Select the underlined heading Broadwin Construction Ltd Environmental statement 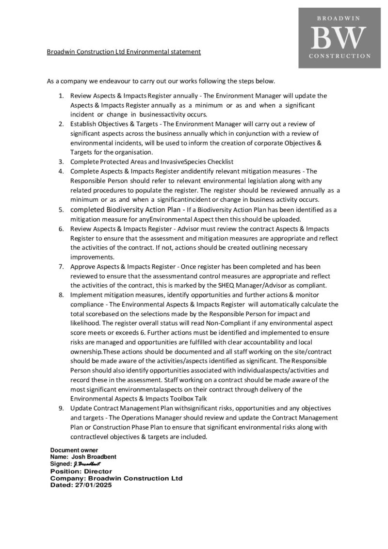[124, 51]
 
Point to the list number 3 [61, 161]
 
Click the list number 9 [61, 409]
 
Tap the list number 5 [61, 210]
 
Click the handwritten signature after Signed [87, 464]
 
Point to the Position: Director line [81, 471]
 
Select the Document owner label [74, 450]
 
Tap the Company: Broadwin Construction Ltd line [116, 478]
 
